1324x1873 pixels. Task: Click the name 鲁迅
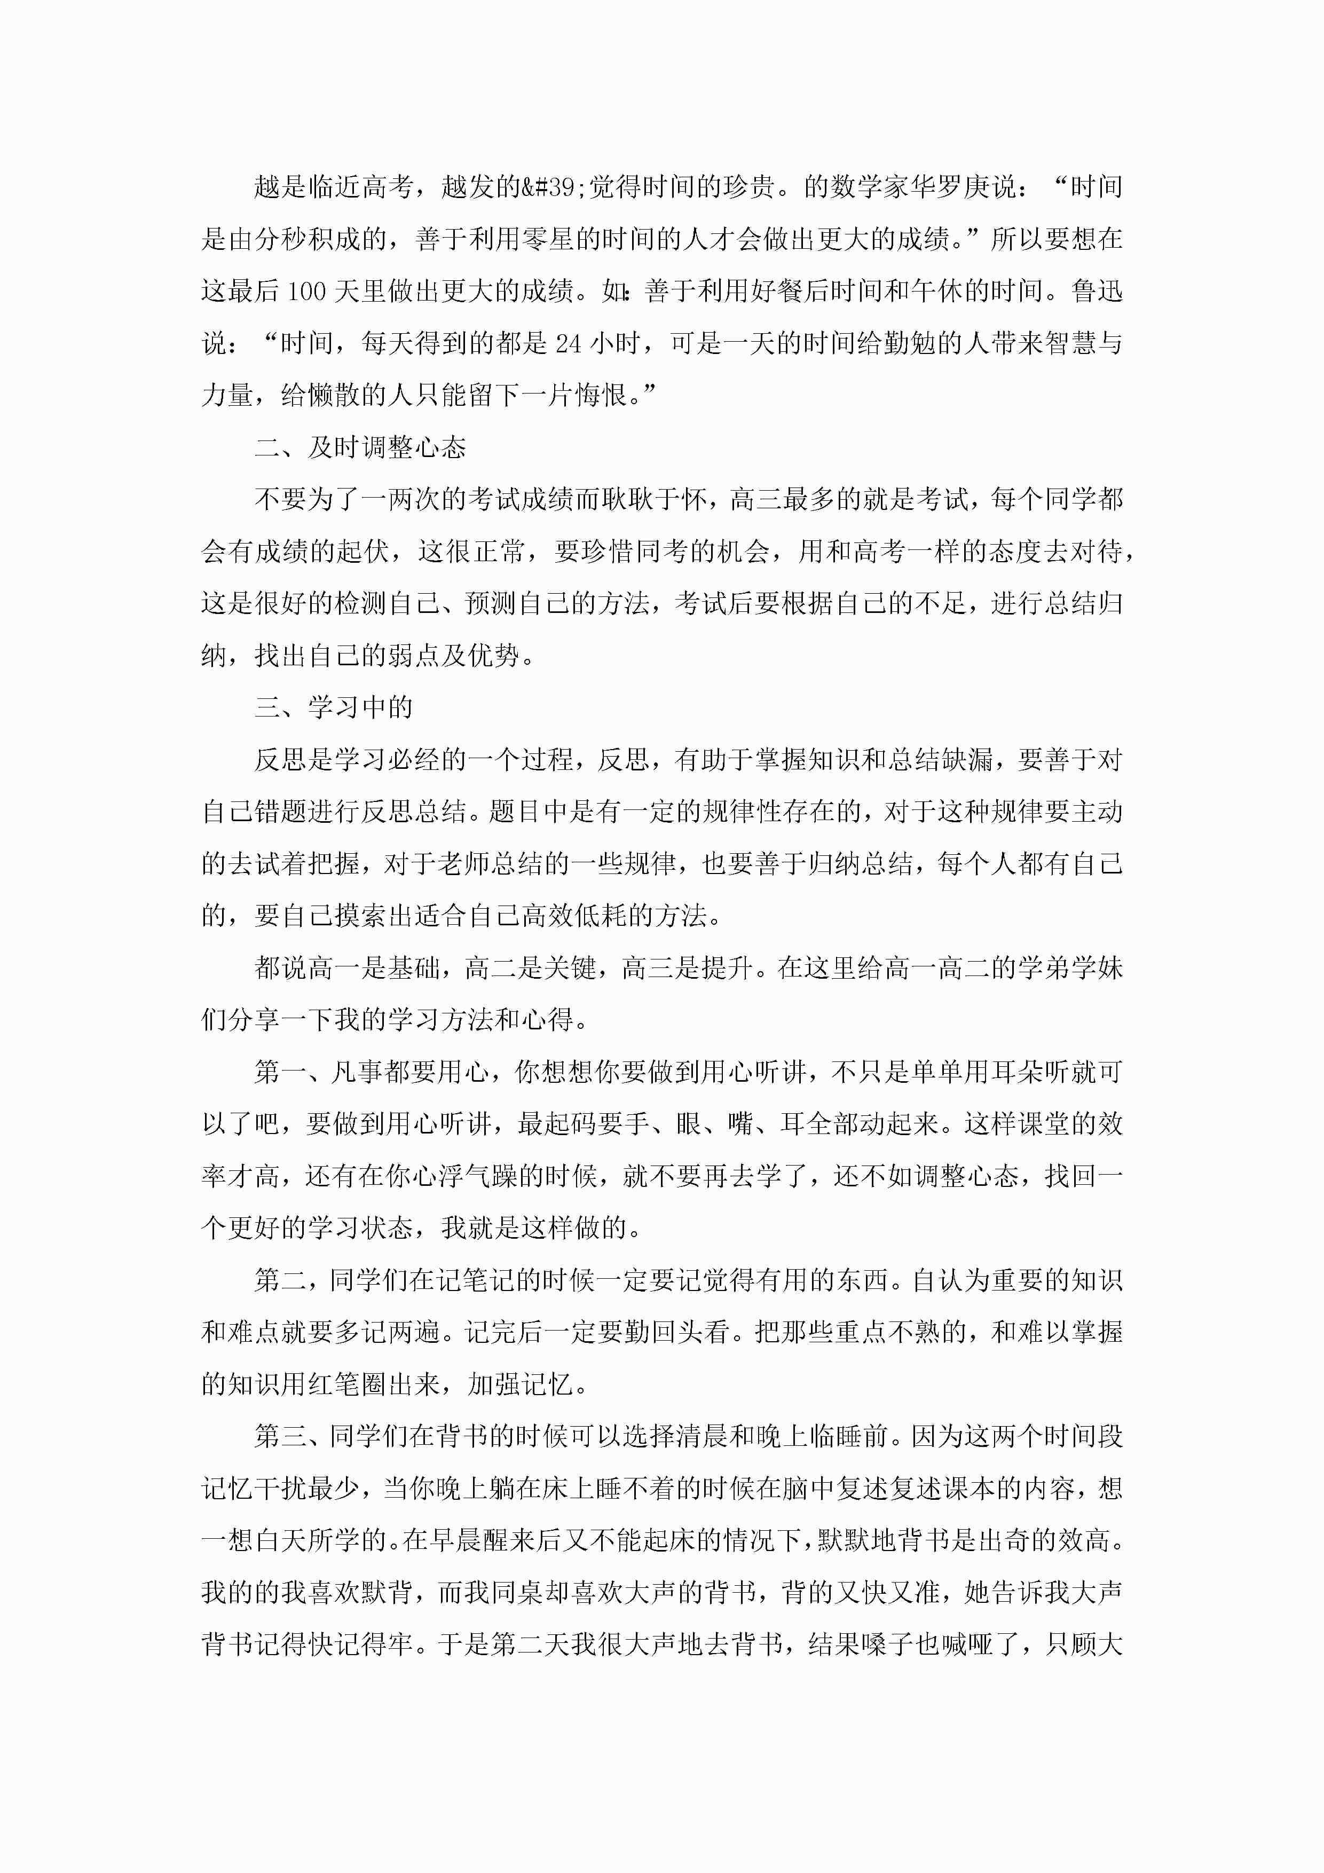pyautogui.click(x=1097, y=291)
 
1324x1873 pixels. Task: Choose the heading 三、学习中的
pyautogui.click(x=334, y=707)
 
